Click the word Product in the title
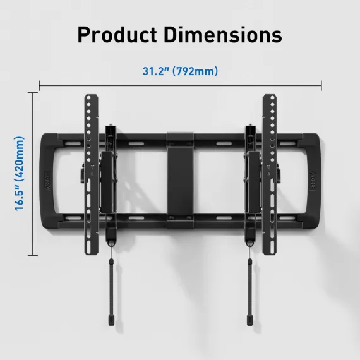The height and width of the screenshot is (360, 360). pyautogui.click(x=117, y=35)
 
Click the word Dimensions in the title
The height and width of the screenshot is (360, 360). pyautogui.click(x=223, y=35)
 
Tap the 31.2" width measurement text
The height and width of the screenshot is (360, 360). pyautogui.click(x=155, y=71)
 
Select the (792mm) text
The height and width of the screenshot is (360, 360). pyautogui.click(x=195, y=71)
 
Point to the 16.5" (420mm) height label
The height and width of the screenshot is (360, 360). pyautogui.click(x=20, y=174)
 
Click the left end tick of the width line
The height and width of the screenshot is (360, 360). pyautogui.click(x=40, y=86)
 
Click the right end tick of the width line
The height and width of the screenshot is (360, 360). pyautogui.click(x=321, y=86)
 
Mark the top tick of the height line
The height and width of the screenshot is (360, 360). pyautogui.click(x=33, y=93)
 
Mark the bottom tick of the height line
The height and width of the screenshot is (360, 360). pyautogui.click(x=33, y=255)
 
